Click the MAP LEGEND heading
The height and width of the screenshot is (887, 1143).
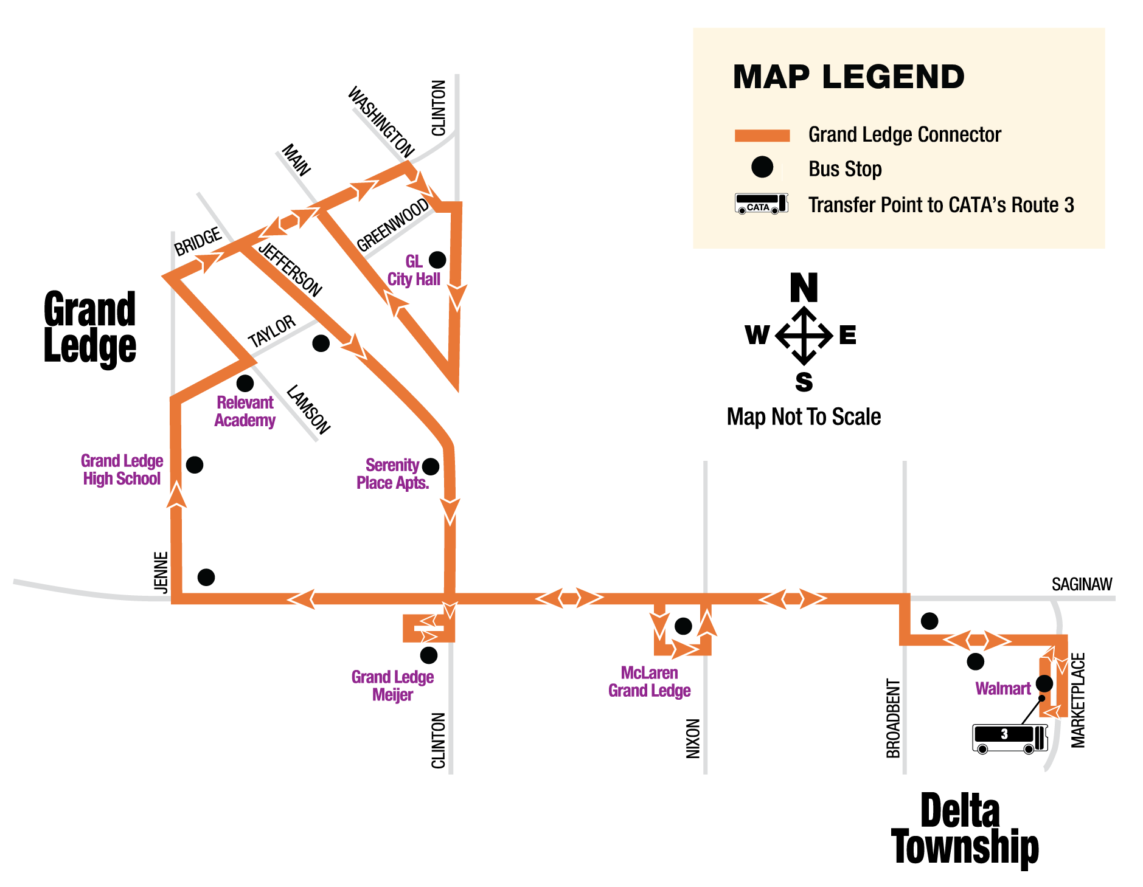(848, 77)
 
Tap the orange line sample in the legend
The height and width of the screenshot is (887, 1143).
(762, 136)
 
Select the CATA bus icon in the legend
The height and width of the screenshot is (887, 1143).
(761, 204)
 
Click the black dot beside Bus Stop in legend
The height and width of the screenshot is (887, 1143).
(762, 167)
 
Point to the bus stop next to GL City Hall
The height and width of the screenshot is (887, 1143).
(437, 260)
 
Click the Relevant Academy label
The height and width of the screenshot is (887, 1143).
(245, 412)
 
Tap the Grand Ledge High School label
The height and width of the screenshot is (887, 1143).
(122, 470)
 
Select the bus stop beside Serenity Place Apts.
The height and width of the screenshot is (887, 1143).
(430, 467)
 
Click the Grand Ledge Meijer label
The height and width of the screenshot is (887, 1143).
(392, 686)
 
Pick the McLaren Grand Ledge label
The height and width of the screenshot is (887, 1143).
(649, 682)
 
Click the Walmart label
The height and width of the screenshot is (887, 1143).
(1002, 689)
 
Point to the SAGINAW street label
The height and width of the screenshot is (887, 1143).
(1082, 584)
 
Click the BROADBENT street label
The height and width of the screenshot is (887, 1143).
(893, 719)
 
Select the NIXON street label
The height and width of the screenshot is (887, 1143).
(693, 738)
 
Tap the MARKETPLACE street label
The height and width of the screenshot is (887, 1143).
(1077, 700)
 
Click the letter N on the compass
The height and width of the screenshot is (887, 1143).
(804, 288)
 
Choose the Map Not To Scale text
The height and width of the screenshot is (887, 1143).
(804, 417)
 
